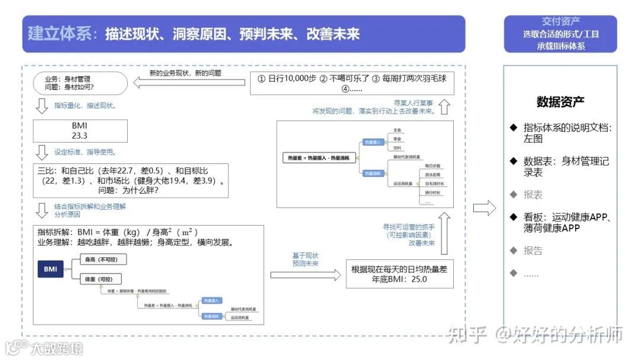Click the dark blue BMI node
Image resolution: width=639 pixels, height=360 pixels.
pyautogui.click(x=51, y=269)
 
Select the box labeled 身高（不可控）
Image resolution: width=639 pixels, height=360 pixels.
pyautogui.click(x=103, y=259)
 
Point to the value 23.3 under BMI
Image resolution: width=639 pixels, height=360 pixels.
pyautogui.click(x=80, y=136)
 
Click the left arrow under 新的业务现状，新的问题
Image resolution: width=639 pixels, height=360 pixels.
pyautogui.click(x=189, y=83)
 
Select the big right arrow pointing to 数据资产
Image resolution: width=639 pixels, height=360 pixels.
pyautogui.click(x=485, y=208)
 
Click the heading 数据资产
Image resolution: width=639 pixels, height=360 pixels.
pyautogui.click(x=560, y=101)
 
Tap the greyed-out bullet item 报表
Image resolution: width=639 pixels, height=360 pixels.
pyautogui.click(x=532, y=194)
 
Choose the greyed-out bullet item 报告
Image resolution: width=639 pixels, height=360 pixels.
pyautogui.click(x=532, y=250)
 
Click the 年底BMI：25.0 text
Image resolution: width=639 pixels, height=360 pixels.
pyautogui.click(x=399, y=279)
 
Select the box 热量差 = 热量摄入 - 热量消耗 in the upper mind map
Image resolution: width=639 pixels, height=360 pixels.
pyautogui.click(x=318, y=158)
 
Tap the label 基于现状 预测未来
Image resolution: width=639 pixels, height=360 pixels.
pyautogui.click(x=305, y=259)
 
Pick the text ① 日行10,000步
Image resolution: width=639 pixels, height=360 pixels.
pyautogui.click(x=288, y=78)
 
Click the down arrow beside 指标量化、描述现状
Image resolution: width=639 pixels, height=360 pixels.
pyautogui.click(x=41, y=106)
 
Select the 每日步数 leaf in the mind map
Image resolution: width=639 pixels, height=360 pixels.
pyautogui.click(x=434, y=166)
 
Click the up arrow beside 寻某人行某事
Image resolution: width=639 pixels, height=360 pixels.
pyautogui.click(x=445, y=107)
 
